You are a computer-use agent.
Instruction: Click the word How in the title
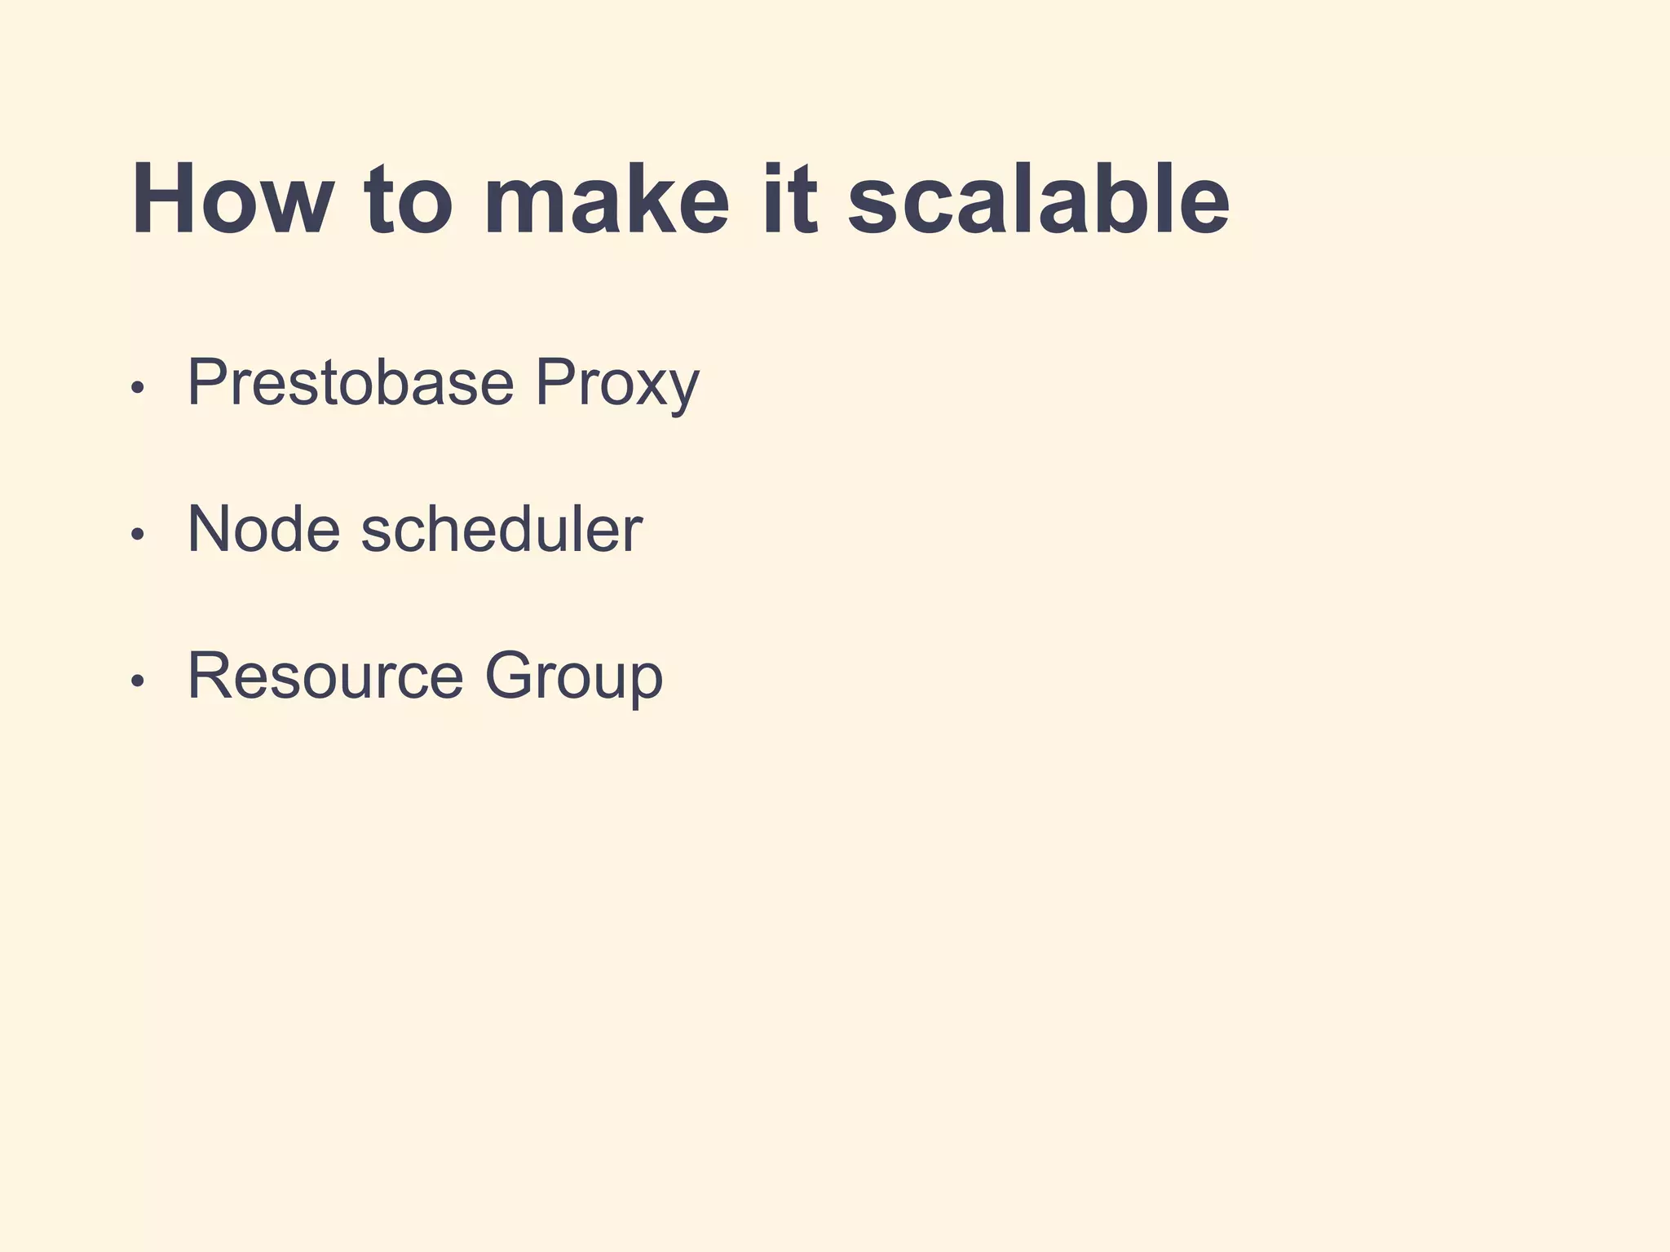[x=232, y=200]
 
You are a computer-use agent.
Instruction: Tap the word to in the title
[x=408, y=200]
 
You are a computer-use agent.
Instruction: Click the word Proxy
[x=617, y=383]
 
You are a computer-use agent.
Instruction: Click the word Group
[x=574, y=677]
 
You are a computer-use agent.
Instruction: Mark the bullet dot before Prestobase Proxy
[x=137, y=387]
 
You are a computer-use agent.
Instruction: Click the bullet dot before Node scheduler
[x=137, y=534]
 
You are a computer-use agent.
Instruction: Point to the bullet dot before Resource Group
[x=137, y=681]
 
